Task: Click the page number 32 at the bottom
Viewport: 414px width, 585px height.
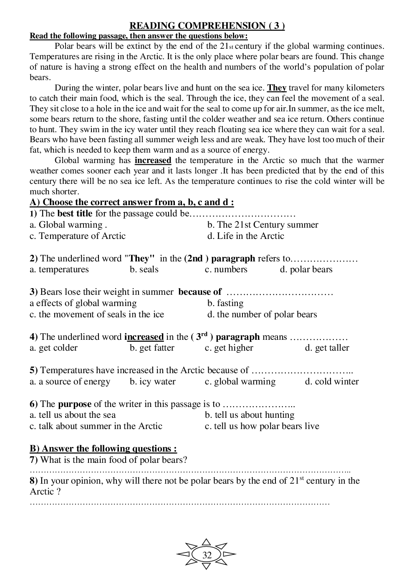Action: [207, 555]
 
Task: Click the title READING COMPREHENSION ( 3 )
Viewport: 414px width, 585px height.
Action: [207, 26]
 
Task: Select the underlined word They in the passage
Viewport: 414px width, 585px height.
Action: [277, 88]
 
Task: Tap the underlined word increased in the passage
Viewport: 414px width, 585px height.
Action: [153, 161]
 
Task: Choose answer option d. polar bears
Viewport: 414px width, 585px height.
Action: [306, 269]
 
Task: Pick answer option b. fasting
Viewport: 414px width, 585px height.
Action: [225, 303]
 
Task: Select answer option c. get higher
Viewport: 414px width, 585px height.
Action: [229, 348]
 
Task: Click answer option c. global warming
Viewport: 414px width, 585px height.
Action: [240, 382]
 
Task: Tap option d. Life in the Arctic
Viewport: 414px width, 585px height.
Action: [245, 236]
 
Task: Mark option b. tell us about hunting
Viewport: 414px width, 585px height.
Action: [250, 415]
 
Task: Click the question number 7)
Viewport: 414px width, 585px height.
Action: [34, 460]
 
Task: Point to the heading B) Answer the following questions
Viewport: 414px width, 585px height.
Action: [103, 449]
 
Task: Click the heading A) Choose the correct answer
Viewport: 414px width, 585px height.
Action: [131, 203]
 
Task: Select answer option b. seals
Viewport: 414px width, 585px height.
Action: [144, 269]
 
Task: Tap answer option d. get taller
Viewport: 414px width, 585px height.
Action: [327, 348]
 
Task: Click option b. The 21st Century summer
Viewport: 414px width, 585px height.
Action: [263, 225]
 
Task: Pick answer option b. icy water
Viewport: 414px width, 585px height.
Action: [152, 382]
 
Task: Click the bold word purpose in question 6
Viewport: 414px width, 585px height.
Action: [74, 404]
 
